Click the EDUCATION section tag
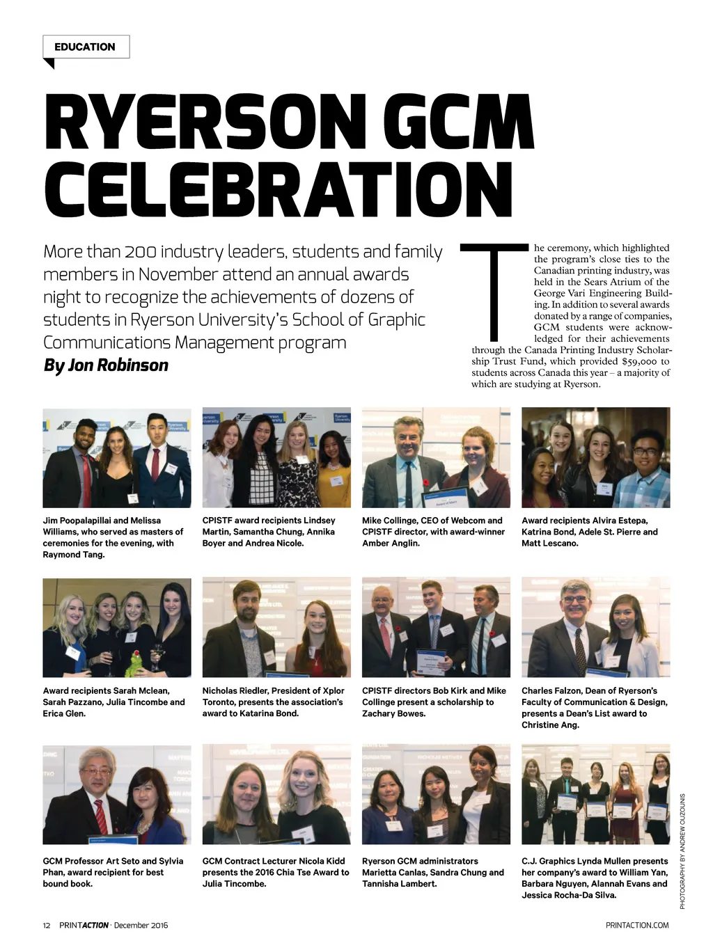pos(85,47)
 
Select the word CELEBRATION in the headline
pos(279,189)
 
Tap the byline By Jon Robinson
pos(106,365)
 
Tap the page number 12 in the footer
pos(47,925)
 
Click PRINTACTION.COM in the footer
pos(637,925)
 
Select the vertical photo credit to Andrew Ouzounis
pos(682,850)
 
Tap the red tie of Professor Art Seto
pos(102,818)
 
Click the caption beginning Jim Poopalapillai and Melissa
pos(113,537)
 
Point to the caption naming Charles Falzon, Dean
pos(594,707)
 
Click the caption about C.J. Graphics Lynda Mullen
pos(595,878)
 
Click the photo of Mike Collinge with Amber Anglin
pos(436,457)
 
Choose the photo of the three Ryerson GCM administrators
pos(436,794)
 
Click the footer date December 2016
pos(141,925)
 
